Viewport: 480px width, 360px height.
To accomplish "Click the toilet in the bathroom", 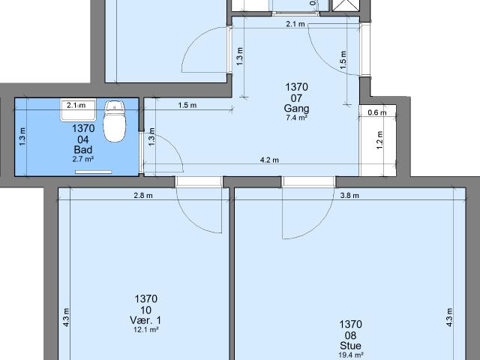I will [x=114, y=123].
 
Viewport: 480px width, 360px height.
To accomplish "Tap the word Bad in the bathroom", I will [x=82, y=149].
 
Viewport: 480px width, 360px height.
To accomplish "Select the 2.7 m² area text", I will [x=82, y=159].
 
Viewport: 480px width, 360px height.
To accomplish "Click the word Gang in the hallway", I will [x=296, y=108].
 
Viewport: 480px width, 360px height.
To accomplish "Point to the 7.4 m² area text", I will [x=296, y=118].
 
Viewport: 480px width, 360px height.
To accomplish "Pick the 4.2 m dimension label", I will [x=269, y=160].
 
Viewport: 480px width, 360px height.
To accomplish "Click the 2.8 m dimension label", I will [x=142, y=196].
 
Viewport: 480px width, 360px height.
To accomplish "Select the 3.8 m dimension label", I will [x=349, y=196].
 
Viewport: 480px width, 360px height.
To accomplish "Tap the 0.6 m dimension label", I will [x=377, y=113].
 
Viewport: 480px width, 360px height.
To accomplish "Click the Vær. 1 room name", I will [x=145, y=320].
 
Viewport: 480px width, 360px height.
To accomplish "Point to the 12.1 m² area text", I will [x=145, y=329].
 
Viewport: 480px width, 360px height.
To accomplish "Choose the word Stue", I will [x=350, y=346].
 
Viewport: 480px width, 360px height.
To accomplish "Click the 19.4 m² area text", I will [x=350, y=355].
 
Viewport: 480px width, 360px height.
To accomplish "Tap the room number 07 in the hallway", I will [x=296, y=97].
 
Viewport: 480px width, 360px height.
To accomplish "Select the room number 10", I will [x=145, y=310].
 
